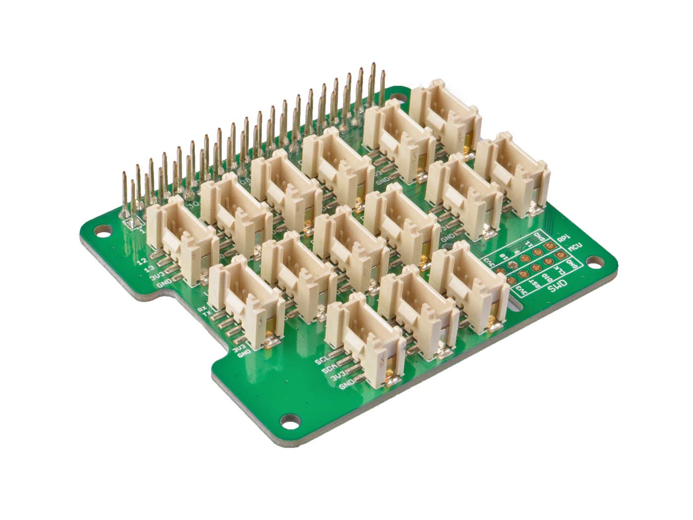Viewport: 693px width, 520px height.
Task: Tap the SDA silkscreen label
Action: pyautogui.click(x=326, y=369)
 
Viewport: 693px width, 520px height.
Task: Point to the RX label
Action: pyautogui.click(x=202, y=309)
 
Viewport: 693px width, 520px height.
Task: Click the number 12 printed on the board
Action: pyautogui.click(x=143, y=260)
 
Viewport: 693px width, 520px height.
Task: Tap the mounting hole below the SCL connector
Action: pyautogui.click(x=288, y=420)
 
